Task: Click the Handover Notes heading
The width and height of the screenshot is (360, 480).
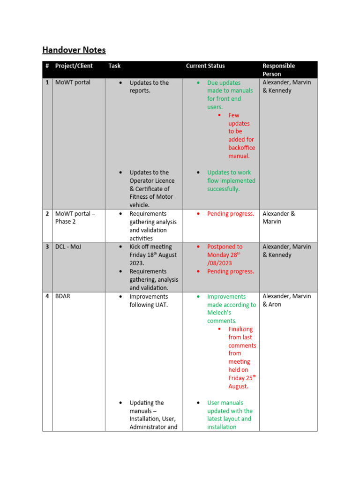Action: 74,50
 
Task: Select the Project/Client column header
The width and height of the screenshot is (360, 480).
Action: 74,66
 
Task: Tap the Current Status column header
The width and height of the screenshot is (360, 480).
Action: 205,66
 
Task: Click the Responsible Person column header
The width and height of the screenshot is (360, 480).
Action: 278,70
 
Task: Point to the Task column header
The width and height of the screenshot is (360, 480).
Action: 114,66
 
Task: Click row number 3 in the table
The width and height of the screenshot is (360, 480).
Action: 47,247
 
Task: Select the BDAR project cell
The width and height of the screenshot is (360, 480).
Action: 63,296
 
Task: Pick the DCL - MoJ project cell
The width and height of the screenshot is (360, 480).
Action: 68,247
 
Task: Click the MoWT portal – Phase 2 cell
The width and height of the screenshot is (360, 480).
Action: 75,217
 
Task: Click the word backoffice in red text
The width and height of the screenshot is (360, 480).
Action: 241,148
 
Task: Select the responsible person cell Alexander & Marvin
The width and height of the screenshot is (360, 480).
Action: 278,217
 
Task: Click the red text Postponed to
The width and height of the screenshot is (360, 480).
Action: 225,247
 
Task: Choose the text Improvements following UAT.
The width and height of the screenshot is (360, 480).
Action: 149,300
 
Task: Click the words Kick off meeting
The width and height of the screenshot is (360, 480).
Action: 150,247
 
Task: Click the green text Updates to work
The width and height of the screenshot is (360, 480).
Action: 229,172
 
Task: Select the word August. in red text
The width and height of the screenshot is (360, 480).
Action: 238,386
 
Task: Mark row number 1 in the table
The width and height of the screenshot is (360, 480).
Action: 47,82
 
